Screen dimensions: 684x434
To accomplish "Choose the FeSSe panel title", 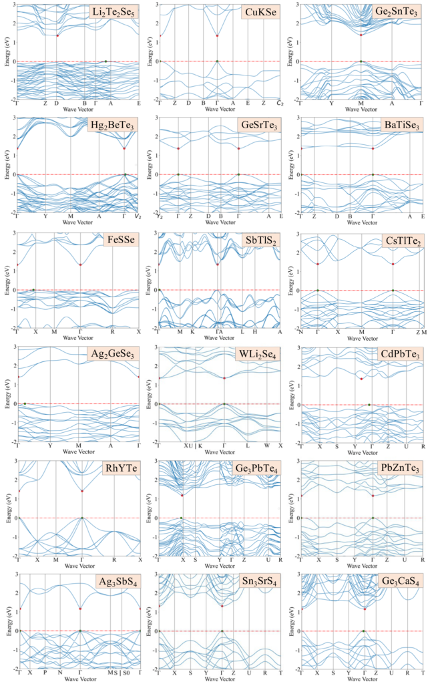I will (x=121, y=241).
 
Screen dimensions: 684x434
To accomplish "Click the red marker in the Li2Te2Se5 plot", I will (x=58, y=35).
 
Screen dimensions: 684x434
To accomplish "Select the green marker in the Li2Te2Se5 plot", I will (x=105, y=61).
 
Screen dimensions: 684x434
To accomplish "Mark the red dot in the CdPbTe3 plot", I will (x=361, y=379).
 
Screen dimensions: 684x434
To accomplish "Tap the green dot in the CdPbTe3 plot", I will (x=369, y=404).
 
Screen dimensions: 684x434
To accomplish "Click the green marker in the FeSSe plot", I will (x=33, y=289).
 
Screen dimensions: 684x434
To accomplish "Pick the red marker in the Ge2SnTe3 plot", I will (x=361, y=35).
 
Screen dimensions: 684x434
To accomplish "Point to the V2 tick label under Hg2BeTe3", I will (x=138, y=216).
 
